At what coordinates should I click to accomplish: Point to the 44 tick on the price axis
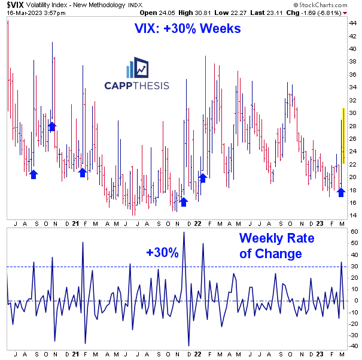(352, 23)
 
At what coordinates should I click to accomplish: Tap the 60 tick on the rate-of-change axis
(354, 232)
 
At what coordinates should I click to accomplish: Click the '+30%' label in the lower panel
(162, 253)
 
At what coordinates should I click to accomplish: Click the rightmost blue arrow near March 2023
(341, 192)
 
